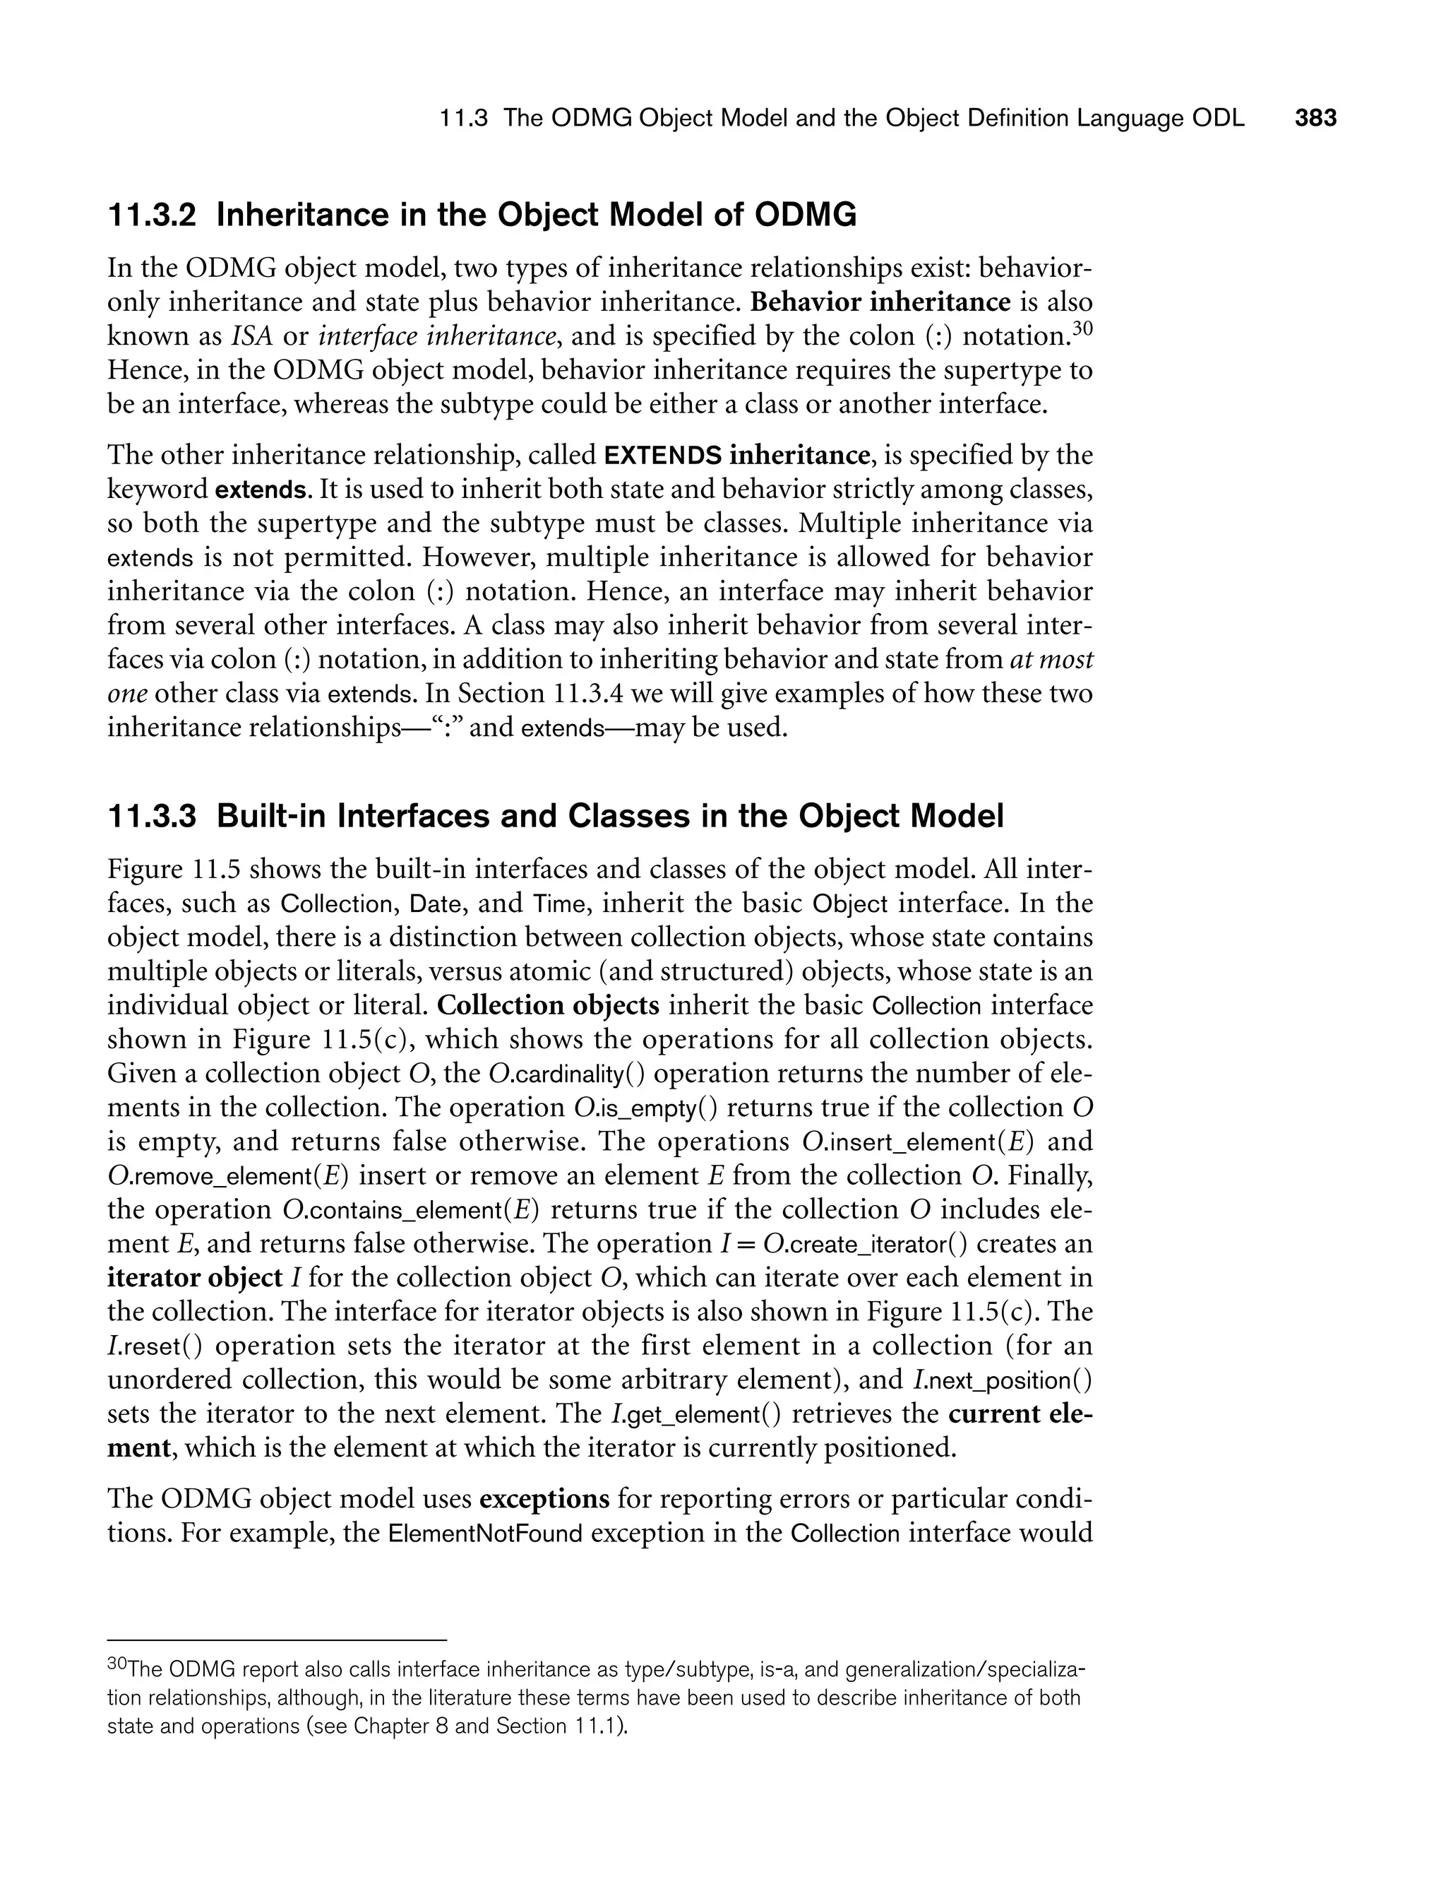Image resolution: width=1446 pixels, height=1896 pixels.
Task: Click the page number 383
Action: (1316, 118)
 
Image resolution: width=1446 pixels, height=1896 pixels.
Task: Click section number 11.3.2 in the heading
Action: (152, 215)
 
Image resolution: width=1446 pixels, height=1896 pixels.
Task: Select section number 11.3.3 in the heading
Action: (152, 817)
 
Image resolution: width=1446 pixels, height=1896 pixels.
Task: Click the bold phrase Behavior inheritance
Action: (880, 302)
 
